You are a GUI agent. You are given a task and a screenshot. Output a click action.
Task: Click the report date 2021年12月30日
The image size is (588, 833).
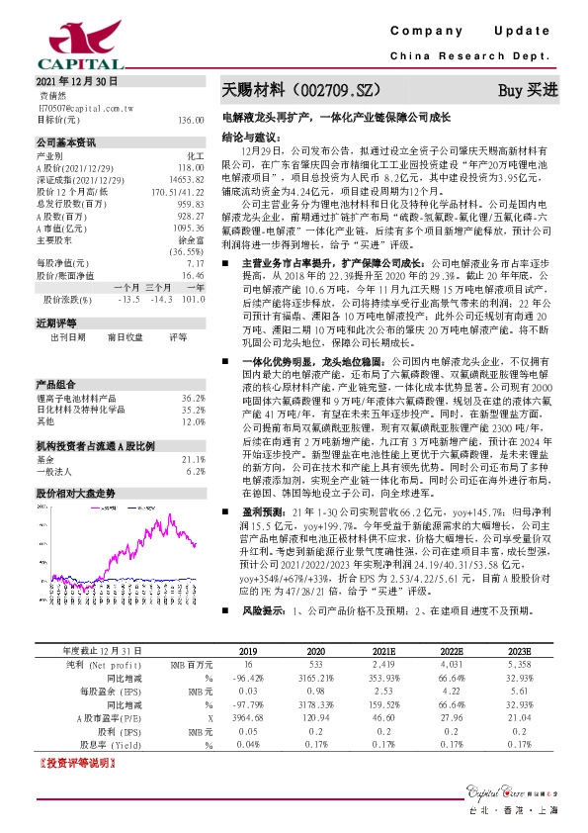[x=76, y=80]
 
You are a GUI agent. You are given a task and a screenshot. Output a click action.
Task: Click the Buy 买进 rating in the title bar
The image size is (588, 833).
[x=528, y=90]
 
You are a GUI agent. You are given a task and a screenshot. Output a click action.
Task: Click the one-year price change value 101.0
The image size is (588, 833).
[x=193, y=298]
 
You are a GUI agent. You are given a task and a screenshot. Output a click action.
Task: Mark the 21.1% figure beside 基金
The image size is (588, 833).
[x=193, y=431]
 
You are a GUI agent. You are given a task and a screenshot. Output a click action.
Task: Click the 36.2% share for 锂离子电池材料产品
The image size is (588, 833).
[x=193, y=369]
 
